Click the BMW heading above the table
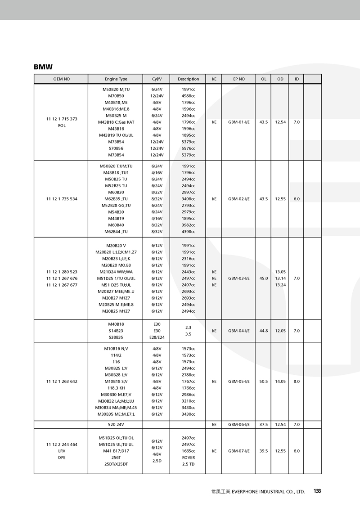tap(43, 67)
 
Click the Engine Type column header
tap(116, 79)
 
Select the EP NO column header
tap(238, 79)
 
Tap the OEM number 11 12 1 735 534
tap(62, 199)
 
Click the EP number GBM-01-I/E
tap(238, 122)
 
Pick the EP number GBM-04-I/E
tap(238, 331)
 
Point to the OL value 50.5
tap(263, 382)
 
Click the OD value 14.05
tap(280, 382)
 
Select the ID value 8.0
tap(297, 382)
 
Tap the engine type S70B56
tap(116, 148)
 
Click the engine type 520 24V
tap(116, 424)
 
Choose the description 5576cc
tap(188, 148)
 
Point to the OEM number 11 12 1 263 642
tap(62, 382)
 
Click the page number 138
tap(317, 491)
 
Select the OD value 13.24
tap(280, 285)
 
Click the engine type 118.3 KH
tap(116, 388)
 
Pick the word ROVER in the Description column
tap(188, 458)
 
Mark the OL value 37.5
tap(263, 424)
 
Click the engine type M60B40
tap(116, 225)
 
